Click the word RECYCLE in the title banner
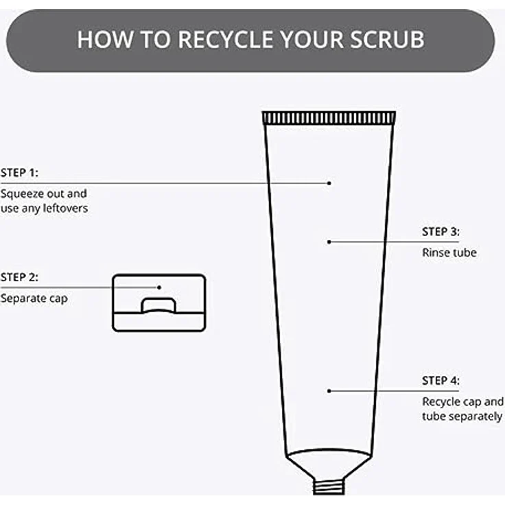pyautogui.click(x=226, y=40)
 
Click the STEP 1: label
pyautogui.click(x=19, y=173)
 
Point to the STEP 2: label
pyautogui.click(x=19, y=277)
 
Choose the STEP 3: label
pyautogui.click(x=441, y=231)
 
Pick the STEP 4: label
pyautogui.click(x=441, y=381)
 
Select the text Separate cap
pyautogui.click(x=34, y=298)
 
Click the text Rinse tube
pyautogui.click(x=449, y=252)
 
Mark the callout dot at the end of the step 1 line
pyautogui.click(x=329, y=183)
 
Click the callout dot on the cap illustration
pyautogui.click(x=158, y=287)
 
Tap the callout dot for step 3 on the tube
pyautogui.click(x=329, y=242)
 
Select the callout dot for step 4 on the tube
pyautogui.click(x=329, y=391)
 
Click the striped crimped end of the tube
pyautogui.click(x=329, y=118)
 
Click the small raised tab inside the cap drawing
pyautogui.click(x=158, y=305)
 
